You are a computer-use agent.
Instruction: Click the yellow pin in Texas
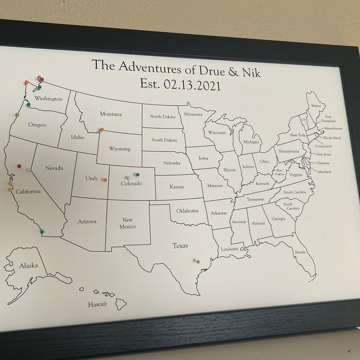coord(197,261)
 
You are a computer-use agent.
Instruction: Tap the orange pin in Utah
coord(105,179)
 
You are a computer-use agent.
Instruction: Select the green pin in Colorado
coord(137,175)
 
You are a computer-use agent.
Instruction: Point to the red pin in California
coord(19,166)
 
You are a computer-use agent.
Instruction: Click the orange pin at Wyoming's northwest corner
coord(102,130)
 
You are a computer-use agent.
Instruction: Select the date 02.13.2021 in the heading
coord(192,85)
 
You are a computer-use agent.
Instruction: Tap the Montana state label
coord(110,114)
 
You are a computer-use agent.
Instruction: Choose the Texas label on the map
coord(180,245)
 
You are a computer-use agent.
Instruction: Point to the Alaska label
coord(28,265)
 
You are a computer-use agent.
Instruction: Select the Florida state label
coord(300,252)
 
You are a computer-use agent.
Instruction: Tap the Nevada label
coord(54,168)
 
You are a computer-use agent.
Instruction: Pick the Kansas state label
coord(176,187)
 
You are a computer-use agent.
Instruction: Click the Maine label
coord(316,106)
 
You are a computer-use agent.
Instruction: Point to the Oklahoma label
coord(187,211)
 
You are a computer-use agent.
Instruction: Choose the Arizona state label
coord(87,221)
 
